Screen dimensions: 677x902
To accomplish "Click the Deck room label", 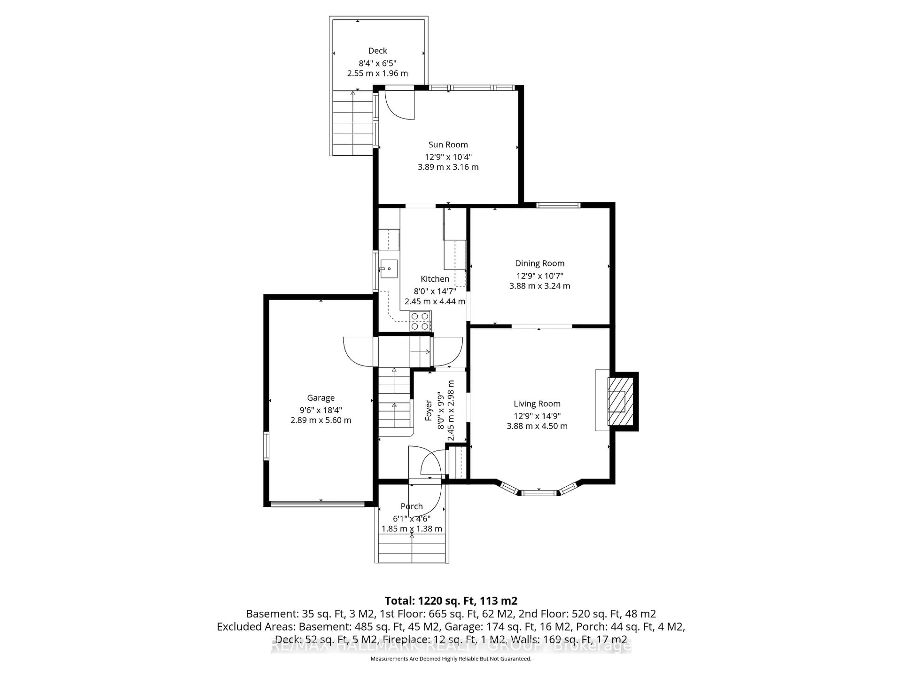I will tap(377, 51).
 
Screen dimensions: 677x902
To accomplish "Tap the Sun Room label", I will tap(448, 145).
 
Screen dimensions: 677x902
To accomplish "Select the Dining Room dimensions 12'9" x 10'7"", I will tap(540, 276).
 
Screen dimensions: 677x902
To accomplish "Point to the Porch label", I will tap(412, 506).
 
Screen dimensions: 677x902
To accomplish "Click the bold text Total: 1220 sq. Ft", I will tap(451, 601).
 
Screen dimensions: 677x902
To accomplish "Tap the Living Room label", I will tap(537, 404).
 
